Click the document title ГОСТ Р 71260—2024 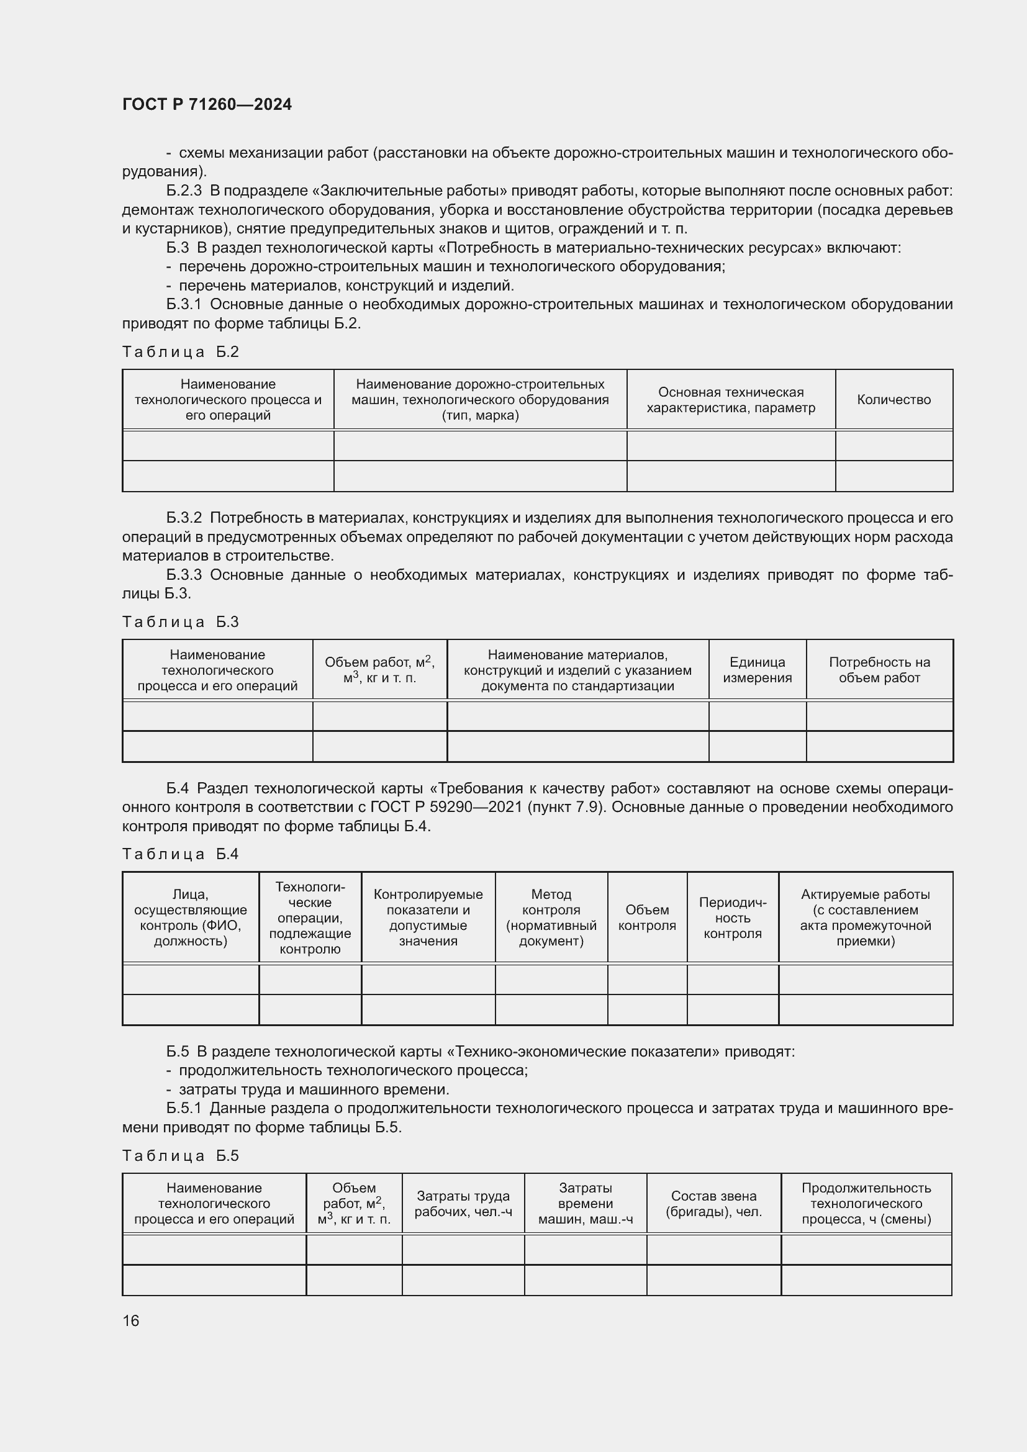pyautogui.click(x=207, y=104)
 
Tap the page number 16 pyautogui.click(x=131, y=1320)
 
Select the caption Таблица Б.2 pyautogui.click(x=180, y=351)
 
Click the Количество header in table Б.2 pyautogui.click(x=894, y=400)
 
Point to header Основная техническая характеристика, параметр pyautogui.click(x=730, y=400)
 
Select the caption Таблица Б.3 pyautogui.click(x=180, y=621)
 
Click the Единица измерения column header pyautogui.click(x=757, y=670)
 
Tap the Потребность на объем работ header pyautogui.click(x=879, y=670)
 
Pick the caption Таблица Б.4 pyautogui.click(x=180, y=854)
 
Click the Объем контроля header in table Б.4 pyautogui.click(x=647, y=918)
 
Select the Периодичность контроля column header pyautogui.click(x=732, y=918)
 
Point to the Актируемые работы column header pyautogui.click(x=865, y=918)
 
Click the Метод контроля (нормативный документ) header pyautogui.click(x=551, y=918)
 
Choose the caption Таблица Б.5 pyautogui.click(x=180, y=1155)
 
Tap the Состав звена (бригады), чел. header pyautogui.click(x=713, y=1204)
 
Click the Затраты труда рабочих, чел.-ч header pyautogui.click(x=463, y=1204)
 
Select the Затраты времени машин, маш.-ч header pyautogui.click(x=585, y=1204)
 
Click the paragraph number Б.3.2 pyautogui.click(x=184, y=518)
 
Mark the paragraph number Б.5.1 pyautogui.click(x=184, y=1108)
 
